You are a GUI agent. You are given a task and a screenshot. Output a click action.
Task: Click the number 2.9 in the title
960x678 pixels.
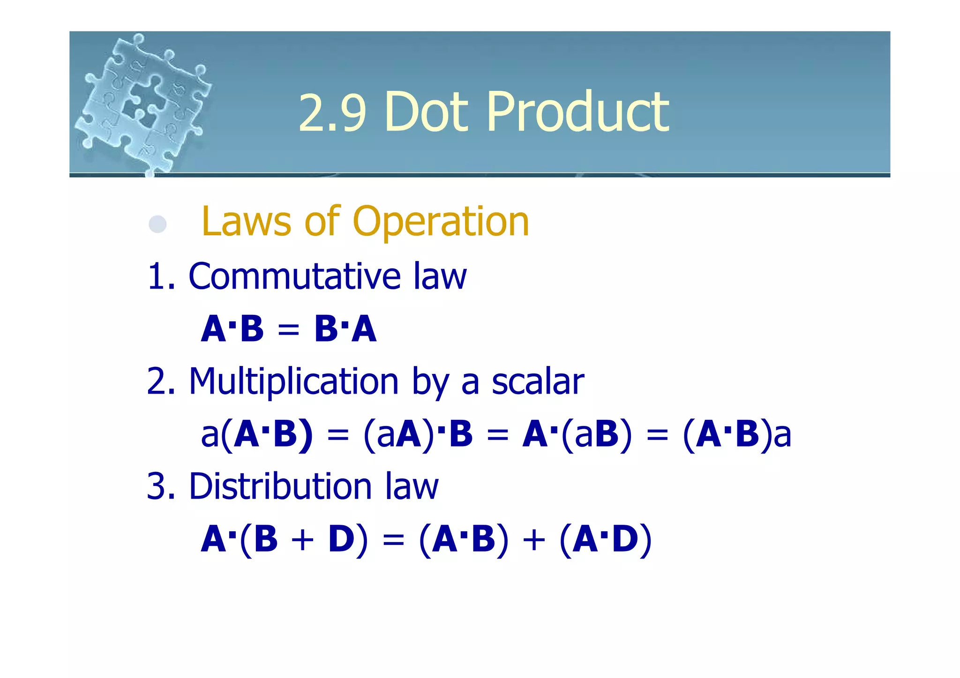(331, 112)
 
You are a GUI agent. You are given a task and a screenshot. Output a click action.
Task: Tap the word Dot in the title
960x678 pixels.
(426, 112)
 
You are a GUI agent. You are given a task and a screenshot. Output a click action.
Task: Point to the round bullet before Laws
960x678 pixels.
(157, 224)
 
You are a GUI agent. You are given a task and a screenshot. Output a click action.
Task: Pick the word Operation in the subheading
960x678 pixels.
(441, 222)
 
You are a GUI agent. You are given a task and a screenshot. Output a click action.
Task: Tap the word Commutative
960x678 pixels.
(294, 276)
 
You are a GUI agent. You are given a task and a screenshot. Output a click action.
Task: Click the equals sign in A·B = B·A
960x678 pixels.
(288, 329)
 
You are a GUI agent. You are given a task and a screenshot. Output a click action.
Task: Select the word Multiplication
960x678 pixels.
(293, 382)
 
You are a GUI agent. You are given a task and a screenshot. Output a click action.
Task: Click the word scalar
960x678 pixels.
(538, 382)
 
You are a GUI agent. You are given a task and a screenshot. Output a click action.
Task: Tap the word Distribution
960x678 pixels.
(280, 486)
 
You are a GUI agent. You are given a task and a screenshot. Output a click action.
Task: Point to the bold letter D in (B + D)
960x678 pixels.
(341, 539)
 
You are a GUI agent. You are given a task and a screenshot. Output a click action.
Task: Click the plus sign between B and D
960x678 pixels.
(302, 540)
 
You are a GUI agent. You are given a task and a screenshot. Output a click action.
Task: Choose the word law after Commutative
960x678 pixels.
(440, 276)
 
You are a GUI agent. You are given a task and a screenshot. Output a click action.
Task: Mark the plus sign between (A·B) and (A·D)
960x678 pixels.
(534, 540)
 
